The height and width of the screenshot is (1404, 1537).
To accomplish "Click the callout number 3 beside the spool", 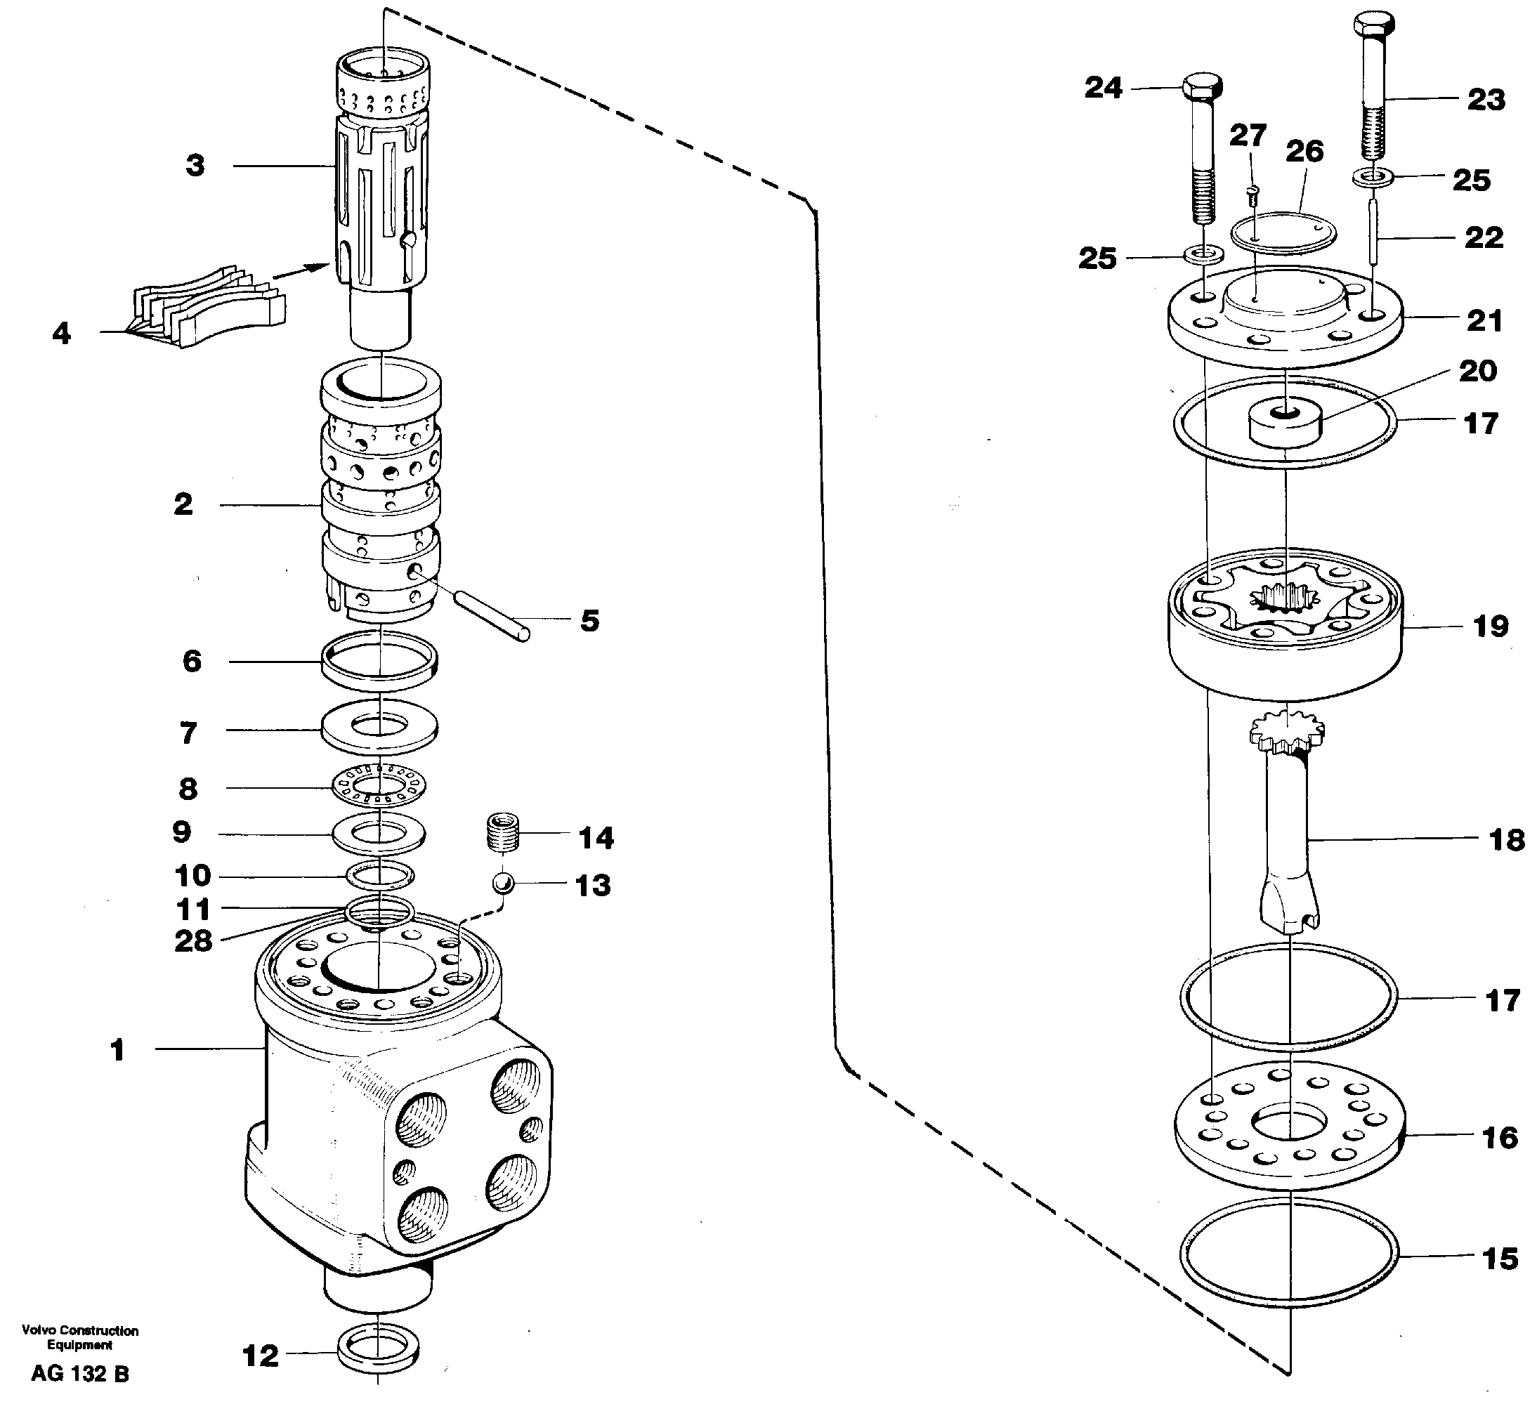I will (x=195, y=165).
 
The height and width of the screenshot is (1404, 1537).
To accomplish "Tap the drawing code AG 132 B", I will (x=80, y=1374).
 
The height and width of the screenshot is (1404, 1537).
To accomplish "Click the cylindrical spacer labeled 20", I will (x=1285, y=424).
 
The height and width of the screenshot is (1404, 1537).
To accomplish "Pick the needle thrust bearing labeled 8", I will (x=379, y=785).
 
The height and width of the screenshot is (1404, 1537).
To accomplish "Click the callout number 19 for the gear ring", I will (x=1491, y=626).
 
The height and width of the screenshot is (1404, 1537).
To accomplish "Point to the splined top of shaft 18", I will (x=1287, y=730).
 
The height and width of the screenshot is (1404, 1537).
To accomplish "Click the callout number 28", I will (x=193, y=941).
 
